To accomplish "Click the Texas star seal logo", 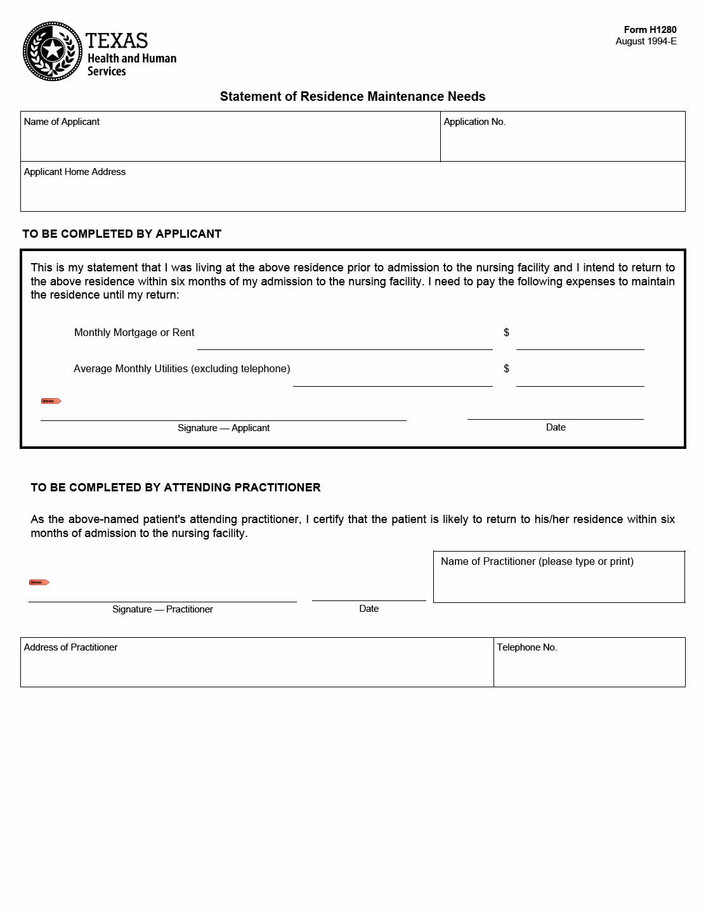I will click(53, 51).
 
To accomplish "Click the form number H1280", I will click(650, 30).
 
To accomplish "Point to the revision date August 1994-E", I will click(646, 41).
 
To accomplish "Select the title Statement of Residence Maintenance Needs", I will click(352, 96).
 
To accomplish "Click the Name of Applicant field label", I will click(62, 122).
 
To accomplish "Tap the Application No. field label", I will click(474, 122).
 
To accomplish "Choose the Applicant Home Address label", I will click(75, 172).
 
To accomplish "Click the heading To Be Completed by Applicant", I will click(122, 234).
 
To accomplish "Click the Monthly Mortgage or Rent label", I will click(134, 332).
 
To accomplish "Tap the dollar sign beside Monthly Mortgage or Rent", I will click(506, 332).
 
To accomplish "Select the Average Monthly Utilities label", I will click(181, 368).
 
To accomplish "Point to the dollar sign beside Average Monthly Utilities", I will click(506, 368).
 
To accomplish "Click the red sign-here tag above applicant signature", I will click(51, 401).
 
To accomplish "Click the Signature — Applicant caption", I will click(223, 428).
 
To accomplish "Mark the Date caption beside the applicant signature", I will click(556, 427).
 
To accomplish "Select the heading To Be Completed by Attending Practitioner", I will click(176, 488).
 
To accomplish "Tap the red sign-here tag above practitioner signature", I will click(39, 582).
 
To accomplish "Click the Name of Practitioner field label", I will click(537, 561).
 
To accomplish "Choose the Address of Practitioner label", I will click(70, 647).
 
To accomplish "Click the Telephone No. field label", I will click(526, 647).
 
